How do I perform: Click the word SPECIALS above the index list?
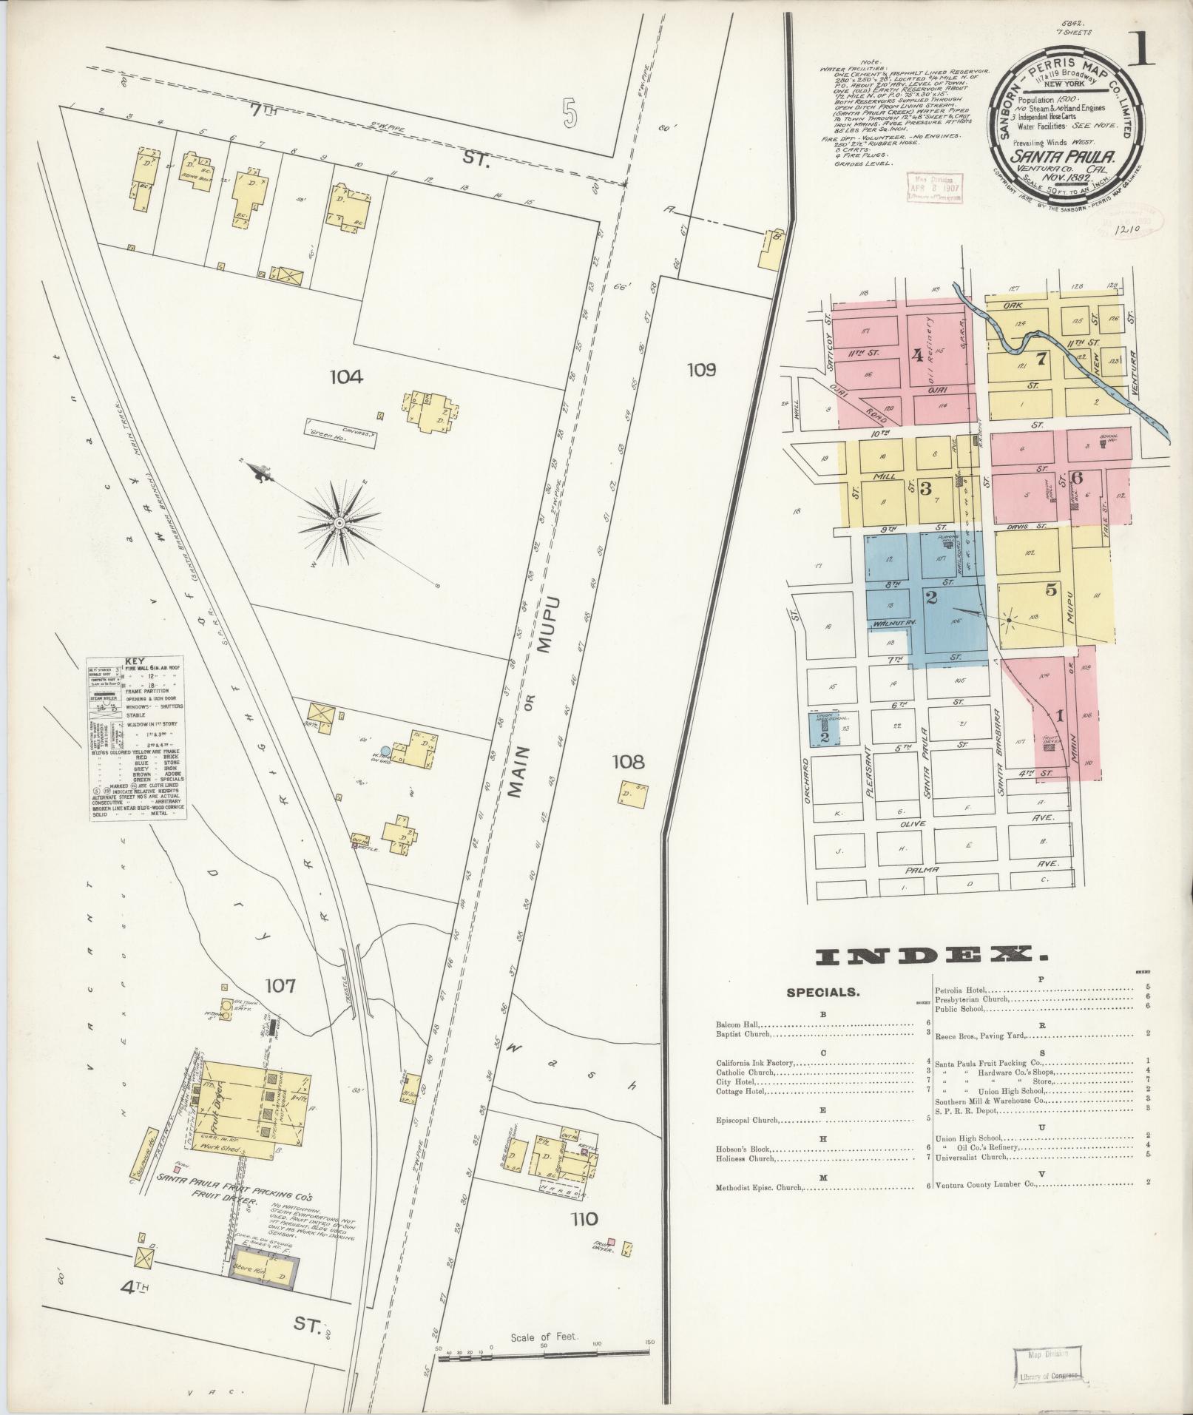tap(823, 992)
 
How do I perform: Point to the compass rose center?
tap(339, 523)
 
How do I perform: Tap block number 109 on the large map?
tap(700, 370)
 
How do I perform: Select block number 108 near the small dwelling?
tap(629, 761)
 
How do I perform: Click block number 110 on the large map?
tap(584, 1218)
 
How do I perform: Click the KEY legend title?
tap(135, 661)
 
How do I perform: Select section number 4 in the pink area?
tap(917, 356)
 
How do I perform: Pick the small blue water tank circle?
tap(385, 750)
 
